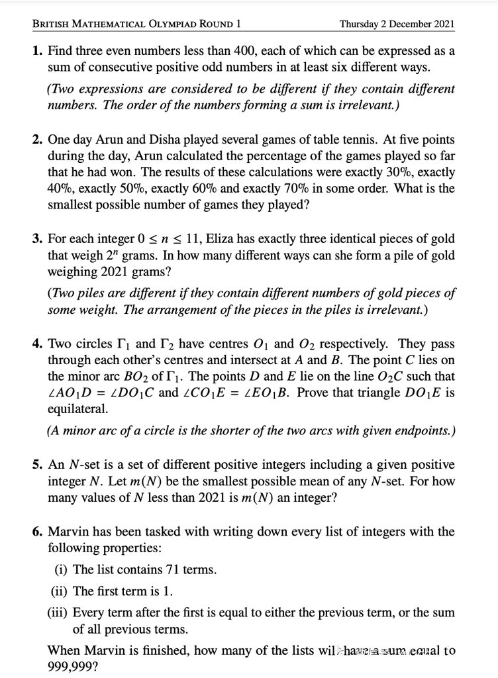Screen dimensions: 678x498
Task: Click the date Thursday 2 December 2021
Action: tap(397, 24)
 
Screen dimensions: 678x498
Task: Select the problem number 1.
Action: tap(37, 52)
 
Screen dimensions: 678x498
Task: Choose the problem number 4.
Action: tap(37, 344)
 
